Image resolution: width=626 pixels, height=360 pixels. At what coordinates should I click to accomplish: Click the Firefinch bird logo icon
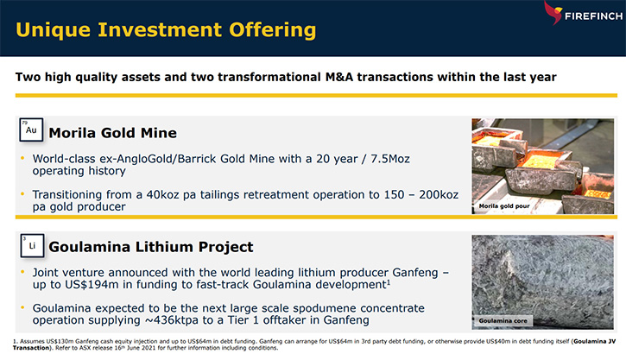pyautogui.click(x=553, y=12)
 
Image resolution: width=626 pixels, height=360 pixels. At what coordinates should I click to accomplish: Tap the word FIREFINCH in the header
pyautogui.click(x=593, y=16)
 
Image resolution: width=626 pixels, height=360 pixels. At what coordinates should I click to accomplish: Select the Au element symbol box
pyautogui.click(x=31, y=129)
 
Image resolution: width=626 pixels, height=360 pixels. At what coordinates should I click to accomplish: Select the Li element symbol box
pyautogui.click(x=32, y=245)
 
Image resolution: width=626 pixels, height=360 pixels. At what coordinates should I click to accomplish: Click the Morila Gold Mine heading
pyautogui.click(x=112, y=132)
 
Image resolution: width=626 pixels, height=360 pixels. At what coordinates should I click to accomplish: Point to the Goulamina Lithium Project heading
pyautogui.click(x=151, y=247)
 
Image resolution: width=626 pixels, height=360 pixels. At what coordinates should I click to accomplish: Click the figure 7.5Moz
pyautogui.click(x=390, y=159)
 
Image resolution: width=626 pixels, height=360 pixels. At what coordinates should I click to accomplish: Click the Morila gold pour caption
pyautogui.click(x=504, y=206)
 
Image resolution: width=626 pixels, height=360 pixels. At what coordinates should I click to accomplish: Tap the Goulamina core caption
pyautogui.click(x=503, y=320)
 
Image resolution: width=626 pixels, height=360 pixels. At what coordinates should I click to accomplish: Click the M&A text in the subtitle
pyautogui.click(x=339, y=77)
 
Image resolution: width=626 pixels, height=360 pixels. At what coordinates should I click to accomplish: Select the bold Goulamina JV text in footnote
pyautogui.click(x=594, y=341)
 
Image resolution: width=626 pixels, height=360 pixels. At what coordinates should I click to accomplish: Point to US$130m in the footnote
pyautogui.click(x=60, y=341)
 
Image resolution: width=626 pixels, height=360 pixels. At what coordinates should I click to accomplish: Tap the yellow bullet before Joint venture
pyautogui.click(x=22, y=272)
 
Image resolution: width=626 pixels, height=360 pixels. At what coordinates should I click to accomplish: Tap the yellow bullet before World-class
pyautogui.click(x=22, y=159)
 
